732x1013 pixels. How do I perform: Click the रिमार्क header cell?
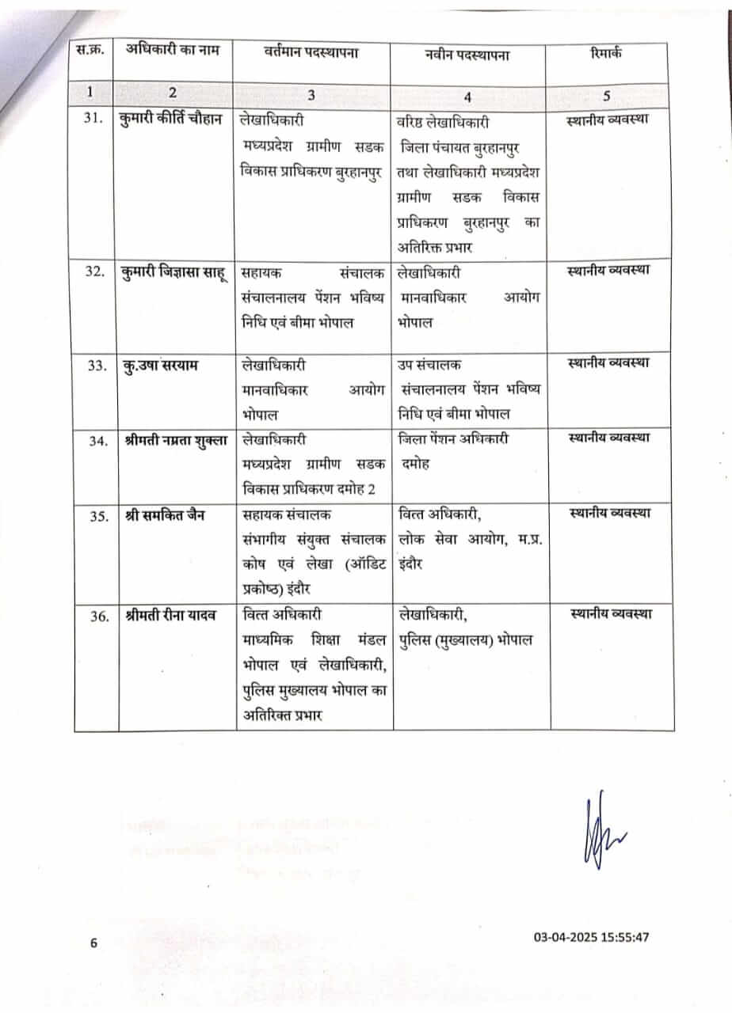click(606, 54)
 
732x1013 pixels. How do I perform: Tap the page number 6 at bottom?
click(93, 942)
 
